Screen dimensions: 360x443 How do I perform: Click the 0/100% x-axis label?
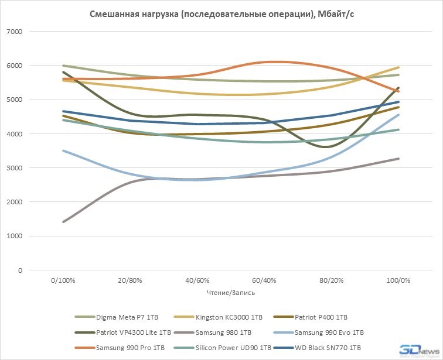[63, 281]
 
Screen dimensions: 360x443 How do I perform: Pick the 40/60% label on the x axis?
[197, 281]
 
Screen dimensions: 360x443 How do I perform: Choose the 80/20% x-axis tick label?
[331, 281]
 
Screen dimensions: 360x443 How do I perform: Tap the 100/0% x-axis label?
[398, 281]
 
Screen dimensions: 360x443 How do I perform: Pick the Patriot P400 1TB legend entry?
[321, 317]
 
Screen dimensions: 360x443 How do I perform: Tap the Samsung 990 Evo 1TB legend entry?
[329, 332]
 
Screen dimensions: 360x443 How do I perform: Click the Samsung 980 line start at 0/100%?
[63, 222]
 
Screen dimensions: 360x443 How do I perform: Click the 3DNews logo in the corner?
[418, 350]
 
